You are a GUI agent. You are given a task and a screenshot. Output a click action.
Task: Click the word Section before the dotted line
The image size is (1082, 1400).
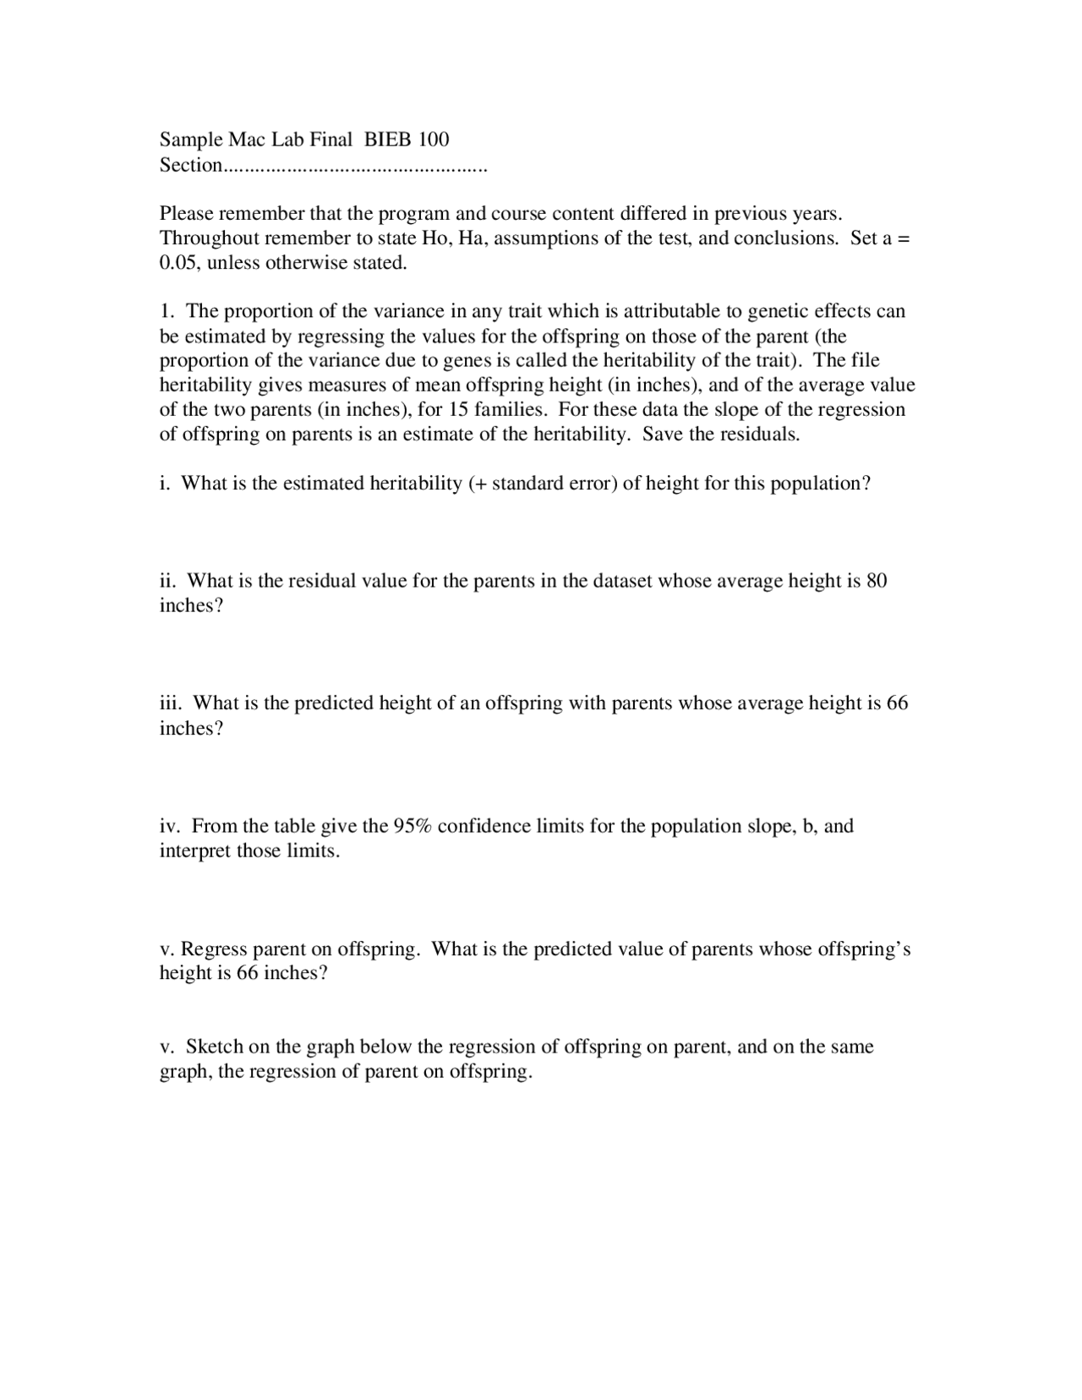(x=190, y=165)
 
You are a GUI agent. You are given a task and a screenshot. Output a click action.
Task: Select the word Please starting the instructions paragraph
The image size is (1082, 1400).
(x=187, y=213)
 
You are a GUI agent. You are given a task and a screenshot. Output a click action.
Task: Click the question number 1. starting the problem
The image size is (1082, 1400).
(x=167, y=311)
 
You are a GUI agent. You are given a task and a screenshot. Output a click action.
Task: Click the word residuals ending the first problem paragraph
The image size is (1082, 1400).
(x=762, y=435)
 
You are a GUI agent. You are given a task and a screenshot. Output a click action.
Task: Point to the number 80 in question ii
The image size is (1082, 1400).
(x=877, y=581)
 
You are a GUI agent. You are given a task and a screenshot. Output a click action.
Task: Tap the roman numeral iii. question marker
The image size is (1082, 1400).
(x=172, y=703)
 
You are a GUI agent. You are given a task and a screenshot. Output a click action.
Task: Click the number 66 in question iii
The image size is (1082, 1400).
(x=897, y=703)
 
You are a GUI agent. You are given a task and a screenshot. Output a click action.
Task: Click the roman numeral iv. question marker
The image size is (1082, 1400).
(x=170, y=826)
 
